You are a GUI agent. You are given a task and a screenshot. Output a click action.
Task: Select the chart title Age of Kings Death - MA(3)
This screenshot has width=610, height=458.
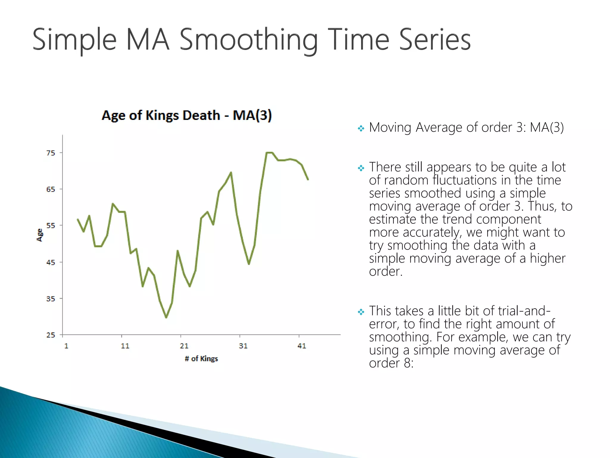click(x=186, y=115)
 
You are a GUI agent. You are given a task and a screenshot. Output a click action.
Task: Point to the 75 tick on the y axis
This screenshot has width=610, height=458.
click(x=51, y=153)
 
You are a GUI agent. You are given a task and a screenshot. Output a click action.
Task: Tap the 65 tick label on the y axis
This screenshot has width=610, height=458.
click(x=51, y=189)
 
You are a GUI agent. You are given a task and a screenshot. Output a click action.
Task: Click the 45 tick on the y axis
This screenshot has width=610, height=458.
click(x=51, y=262)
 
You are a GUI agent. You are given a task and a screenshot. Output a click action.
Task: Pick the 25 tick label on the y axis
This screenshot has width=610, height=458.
click(x=51, y=335)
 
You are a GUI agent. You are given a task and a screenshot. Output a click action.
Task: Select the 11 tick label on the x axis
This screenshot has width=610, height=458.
click(x=125, y=346)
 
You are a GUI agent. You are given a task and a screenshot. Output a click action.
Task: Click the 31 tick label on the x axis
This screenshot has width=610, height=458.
click(x=243, y=346)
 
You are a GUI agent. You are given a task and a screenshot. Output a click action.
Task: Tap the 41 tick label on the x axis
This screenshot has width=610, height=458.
click(x=302, y=346)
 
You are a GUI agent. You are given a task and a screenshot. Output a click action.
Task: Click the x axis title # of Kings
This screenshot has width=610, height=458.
click(x=201, y=359)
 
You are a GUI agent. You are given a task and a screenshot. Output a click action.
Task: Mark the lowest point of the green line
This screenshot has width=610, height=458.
click(x=166, y=317)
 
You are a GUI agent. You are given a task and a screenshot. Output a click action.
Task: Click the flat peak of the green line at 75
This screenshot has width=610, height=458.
click(x=269, y=153)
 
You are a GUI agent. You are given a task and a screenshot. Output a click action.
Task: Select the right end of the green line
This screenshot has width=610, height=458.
click(x=308, y=179)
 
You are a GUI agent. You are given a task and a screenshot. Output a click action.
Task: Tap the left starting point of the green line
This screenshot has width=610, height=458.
click(x=78, y=219)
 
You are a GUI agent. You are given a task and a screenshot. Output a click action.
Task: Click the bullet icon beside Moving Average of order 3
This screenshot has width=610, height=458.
click(x=361, y=129)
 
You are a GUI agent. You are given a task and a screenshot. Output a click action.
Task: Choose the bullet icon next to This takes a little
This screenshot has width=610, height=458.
click(x=361, y=312)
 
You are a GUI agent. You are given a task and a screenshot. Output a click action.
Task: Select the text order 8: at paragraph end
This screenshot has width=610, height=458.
click(x=391, y=363)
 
